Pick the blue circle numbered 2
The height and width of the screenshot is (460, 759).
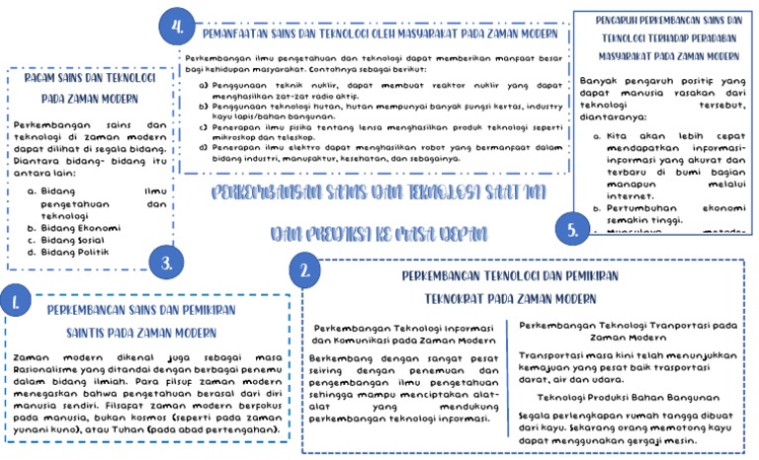point(306,268)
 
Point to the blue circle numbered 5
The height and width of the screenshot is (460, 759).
point(573,231)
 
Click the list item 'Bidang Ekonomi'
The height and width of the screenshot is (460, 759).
point(80,228)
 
